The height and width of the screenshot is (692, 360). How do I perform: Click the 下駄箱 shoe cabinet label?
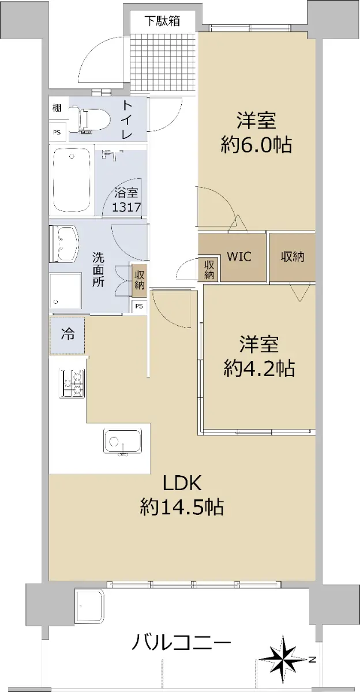(x=163, y=21)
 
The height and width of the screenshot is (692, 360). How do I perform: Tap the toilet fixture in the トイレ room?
(x=89, y=119)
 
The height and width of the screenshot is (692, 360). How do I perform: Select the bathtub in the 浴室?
(x=72, y=180)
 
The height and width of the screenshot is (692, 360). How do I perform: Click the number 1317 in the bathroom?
(x=126, y=206)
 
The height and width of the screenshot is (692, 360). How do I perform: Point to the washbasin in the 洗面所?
(x=64, y=243)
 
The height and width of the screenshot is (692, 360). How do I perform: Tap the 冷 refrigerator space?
(x=67, y=335)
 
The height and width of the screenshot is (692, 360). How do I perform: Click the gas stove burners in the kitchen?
(x=72, y=383)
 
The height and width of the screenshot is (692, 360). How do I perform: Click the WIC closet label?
(x=239, y=257)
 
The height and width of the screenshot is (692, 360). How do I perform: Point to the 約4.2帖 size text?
(x=259, y=368)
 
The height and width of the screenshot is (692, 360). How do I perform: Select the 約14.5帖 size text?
(x=182, y=507)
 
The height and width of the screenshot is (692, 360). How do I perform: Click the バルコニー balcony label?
(x=181, y=642)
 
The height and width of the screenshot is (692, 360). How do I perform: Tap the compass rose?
(x=284, y=659)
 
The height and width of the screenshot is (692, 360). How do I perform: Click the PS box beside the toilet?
(x=57, y=133)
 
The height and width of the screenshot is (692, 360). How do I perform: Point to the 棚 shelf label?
(x=57, y=108)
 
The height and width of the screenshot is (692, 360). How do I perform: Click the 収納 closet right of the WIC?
(x=292, y=257)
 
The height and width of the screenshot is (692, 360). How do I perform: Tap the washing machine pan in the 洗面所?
(x=66, y=291)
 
